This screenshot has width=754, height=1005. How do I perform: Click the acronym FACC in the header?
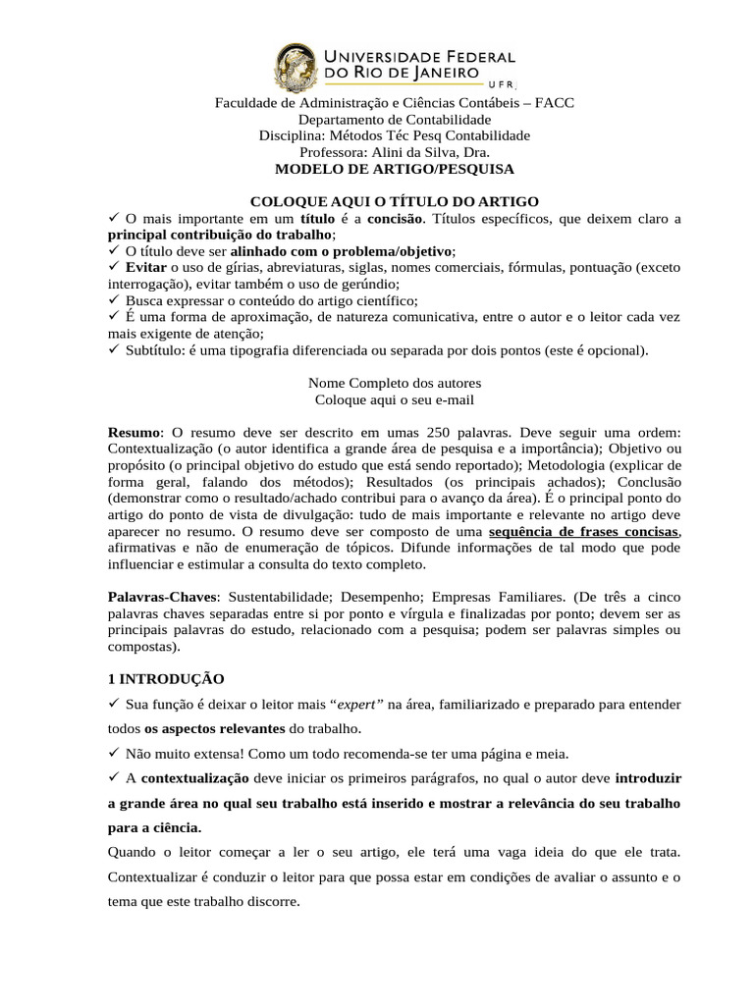click(x=555, y=103)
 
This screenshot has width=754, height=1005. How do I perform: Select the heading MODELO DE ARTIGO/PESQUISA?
click(x=394, y=169)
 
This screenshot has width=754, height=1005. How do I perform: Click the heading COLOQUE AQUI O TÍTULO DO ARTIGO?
click(x=394, y=201)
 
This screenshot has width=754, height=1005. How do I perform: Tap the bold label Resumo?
click(x=134, y=432)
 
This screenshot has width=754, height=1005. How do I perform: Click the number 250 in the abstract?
click(x=442, y=432)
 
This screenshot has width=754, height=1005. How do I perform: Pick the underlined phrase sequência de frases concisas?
click(x=583, y=531)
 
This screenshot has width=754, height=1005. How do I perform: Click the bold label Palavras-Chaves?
click(x=160, y=597)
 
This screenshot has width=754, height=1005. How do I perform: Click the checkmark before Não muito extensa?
click(x=113, y=753)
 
